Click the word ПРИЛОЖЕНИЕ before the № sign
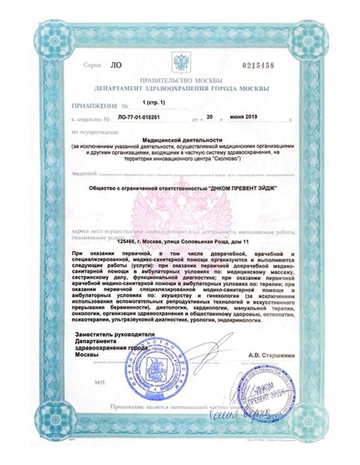[x=92, y=106]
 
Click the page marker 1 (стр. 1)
[x=155, y=101]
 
